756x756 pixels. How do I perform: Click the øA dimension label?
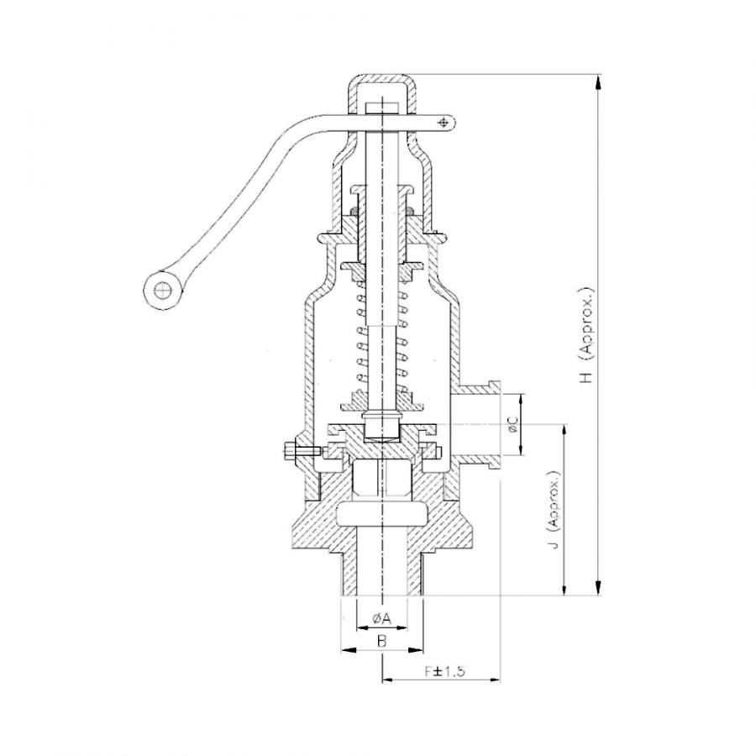pos(381,619)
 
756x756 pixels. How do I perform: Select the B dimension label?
pos(381,641)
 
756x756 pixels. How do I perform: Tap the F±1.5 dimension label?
pos(444,672)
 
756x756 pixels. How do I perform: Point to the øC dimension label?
pos(512,424)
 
